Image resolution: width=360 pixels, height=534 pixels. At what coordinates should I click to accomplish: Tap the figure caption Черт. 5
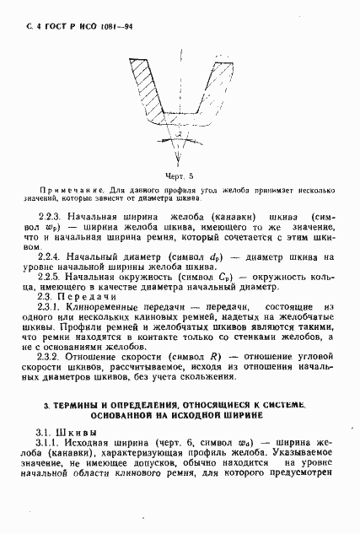click(x=180, y=175)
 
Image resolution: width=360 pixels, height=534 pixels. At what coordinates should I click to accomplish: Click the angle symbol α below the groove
click(x=180, y=133)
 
